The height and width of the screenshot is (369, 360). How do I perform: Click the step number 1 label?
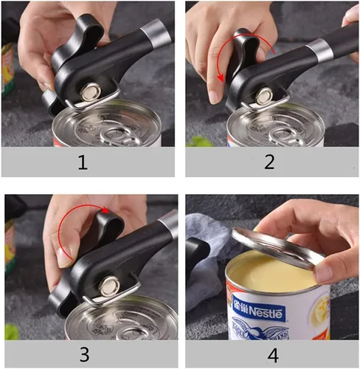coord(89,162)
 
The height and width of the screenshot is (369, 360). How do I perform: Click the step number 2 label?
coord(270,162)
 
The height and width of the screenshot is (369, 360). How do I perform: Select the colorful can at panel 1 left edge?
coord(8,66)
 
